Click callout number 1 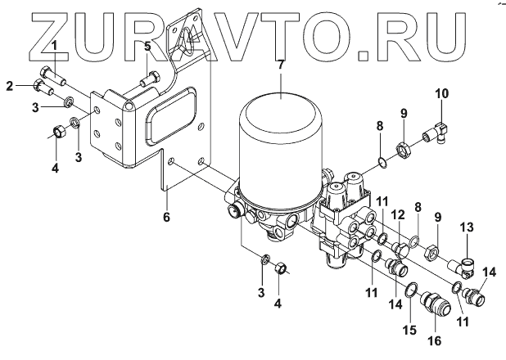pyautogui.click(x=54, y=47)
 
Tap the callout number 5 pyautogui.click(x=147, y=47)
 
